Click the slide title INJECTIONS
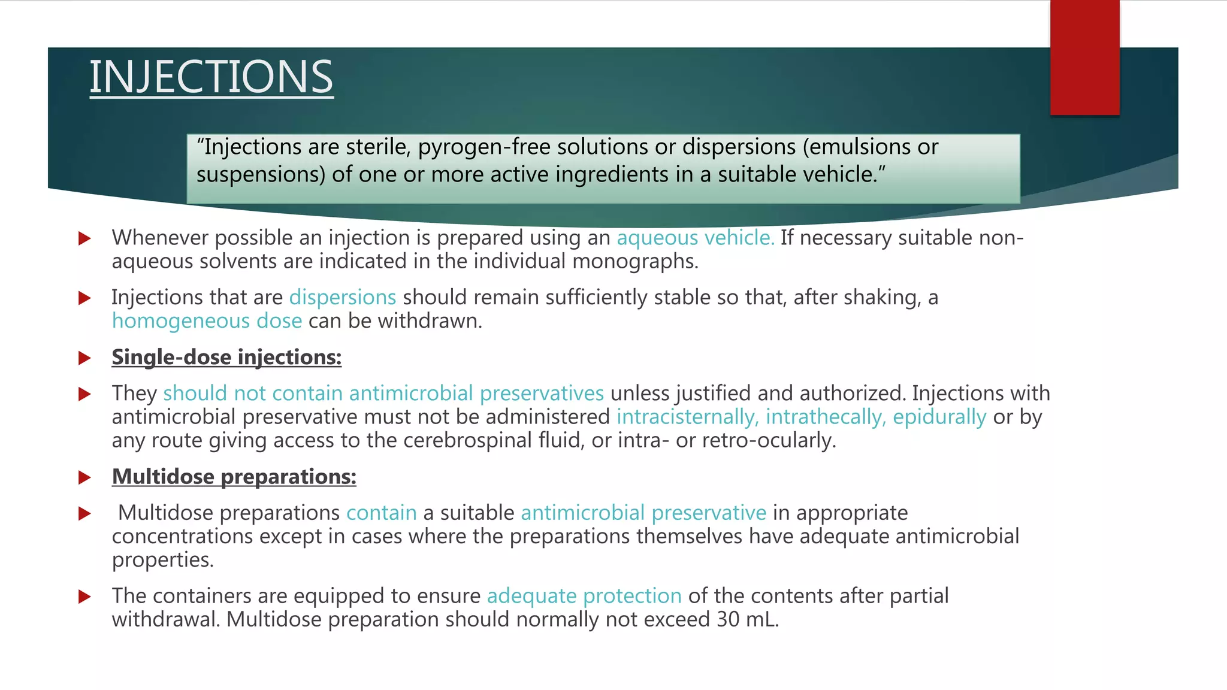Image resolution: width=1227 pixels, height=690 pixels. [x=211, y=77]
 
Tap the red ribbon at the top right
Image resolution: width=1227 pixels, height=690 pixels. [x=1084, y=57]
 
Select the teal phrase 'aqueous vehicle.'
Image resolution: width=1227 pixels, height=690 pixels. [x=696, y=238]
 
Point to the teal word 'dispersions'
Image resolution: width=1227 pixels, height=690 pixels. [x=343, y=297]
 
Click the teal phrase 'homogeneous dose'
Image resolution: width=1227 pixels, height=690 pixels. [x=207, y=321]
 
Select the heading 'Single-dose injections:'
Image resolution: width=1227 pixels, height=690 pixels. [x=226, y=357]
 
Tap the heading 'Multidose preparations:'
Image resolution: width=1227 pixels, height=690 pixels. [x=234, y=477]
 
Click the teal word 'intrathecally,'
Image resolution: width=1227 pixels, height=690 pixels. [x=826, y=417]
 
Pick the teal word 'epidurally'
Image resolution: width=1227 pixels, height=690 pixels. [x=939, y=417]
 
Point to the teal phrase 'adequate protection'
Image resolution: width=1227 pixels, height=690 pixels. [x=584, y=596]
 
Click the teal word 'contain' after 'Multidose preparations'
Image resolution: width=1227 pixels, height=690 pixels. [x=382, y=513]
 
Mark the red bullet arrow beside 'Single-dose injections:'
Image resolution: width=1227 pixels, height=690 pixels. [x=84, y=358]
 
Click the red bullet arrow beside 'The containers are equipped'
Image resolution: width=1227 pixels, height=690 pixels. [x=84, y=597]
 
